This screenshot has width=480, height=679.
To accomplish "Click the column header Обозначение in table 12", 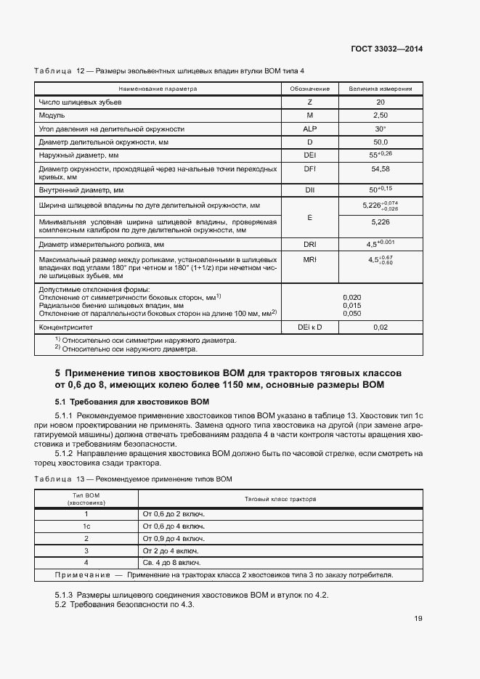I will tap(310, 89).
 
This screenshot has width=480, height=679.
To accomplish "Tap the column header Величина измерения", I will tap(381, 89).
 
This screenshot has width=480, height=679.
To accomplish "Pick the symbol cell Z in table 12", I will tap(310, 102).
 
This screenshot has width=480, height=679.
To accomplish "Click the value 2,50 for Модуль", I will tap(381, 115).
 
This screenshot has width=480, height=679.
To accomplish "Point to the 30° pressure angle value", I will tap(381, 129).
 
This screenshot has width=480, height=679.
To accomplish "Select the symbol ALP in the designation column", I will tap(310, 129).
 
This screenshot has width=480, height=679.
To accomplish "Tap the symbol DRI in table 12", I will tap(310, 244).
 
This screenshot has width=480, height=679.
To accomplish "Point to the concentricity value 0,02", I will tap(381, 328).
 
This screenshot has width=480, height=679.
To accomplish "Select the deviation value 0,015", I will tap(351, 305).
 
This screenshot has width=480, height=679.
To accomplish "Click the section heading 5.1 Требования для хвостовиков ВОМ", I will tap(132, 400).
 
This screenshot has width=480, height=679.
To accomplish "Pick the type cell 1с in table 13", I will tap(86, 526).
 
